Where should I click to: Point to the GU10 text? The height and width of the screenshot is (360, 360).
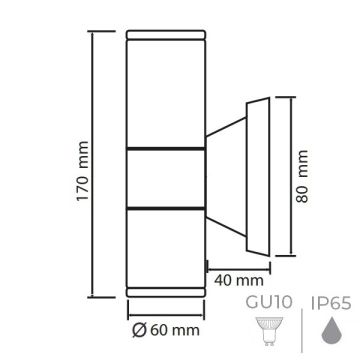coord(262,299)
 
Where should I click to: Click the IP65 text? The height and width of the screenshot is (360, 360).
coord(330,299)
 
